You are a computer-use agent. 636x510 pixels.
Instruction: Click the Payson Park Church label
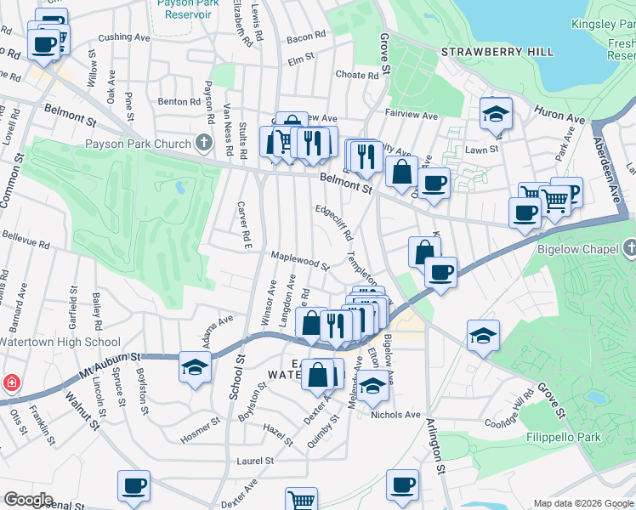point(138,144)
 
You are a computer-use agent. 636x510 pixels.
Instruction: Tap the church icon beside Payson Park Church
point(203,143)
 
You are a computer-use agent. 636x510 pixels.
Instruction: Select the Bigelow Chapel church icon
point(628,249)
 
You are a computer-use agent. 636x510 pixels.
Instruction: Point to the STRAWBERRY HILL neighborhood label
point(497,53)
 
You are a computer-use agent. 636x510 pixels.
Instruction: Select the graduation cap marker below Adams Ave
point(195,368)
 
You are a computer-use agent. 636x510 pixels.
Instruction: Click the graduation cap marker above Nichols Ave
point(372,388)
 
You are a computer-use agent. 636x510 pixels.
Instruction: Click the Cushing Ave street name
point(124,37)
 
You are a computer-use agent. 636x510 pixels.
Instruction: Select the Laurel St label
point(255,461)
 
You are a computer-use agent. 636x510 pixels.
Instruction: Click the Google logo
point(28,500)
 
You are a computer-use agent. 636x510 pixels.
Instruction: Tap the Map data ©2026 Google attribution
point(583,503)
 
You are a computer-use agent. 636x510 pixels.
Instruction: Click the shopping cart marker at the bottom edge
point(301,500)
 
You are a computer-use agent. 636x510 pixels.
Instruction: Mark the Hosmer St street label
point(201,430)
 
